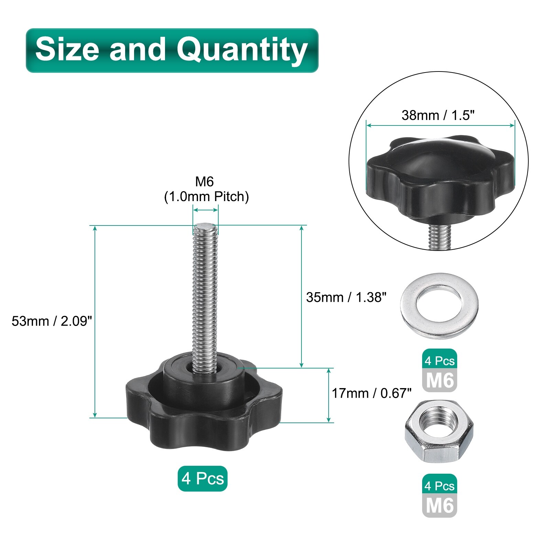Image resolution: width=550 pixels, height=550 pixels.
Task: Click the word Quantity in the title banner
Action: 242,51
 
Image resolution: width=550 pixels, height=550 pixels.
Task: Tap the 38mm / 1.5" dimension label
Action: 438,115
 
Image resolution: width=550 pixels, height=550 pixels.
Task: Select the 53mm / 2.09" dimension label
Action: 52,321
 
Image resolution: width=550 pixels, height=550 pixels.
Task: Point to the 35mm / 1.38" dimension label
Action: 346,297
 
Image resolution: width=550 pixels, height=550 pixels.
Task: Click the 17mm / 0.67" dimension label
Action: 372,393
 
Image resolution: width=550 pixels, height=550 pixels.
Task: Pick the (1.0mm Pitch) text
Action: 206,197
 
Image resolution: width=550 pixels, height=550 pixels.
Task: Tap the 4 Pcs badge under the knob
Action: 202,478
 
